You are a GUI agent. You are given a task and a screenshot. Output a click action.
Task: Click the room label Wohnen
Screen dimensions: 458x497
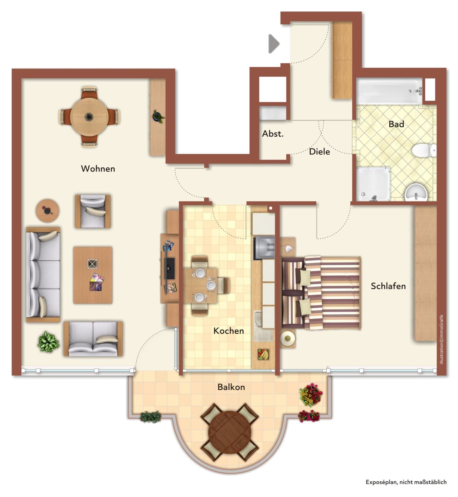98,169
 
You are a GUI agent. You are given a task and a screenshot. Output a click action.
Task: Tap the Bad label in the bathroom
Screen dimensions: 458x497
396,124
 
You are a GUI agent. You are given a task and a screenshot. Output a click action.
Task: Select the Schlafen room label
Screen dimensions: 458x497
388,286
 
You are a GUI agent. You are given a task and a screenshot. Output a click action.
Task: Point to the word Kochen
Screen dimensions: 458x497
228,331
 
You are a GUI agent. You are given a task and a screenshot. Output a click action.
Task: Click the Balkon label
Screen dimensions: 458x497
231,387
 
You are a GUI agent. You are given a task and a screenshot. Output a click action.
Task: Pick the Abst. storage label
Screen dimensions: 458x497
273,134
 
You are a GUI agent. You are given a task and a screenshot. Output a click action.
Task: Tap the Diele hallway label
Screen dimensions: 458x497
319,152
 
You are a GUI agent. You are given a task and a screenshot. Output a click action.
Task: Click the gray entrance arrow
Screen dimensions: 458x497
274,44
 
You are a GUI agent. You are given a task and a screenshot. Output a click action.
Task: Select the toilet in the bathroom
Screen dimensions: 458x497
424,150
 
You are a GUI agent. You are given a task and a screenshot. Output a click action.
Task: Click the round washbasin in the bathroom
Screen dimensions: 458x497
416,192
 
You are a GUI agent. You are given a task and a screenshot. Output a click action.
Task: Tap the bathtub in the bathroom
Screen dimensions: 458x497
389,91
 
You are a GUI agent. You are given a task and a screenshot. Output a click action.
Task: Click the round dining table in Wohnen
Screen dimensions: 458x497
89,117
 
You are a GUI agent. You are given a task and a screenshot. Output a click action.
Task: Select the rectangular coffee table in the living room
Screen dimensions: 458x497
93,275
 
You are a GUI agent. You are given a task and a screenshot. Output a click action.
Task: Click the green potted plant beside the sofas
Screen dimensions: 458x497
48,342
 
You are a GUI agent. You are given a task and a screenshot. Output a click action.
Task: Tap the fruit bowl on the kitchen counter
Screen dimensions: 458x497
263,354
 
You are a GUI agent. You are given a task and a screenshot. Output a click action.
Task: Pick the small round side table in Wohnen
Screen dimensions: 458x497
47,211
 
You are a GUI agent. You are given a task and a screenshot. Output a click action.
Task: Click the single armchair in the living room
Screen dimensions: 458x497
93,212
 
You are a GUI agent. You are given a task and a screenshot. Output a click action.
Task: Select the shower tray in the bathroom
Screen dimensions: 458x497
373,184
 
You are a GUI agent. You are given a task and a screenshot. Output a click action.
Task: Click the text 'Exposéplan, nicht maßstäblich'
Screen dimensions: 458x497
406,482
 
